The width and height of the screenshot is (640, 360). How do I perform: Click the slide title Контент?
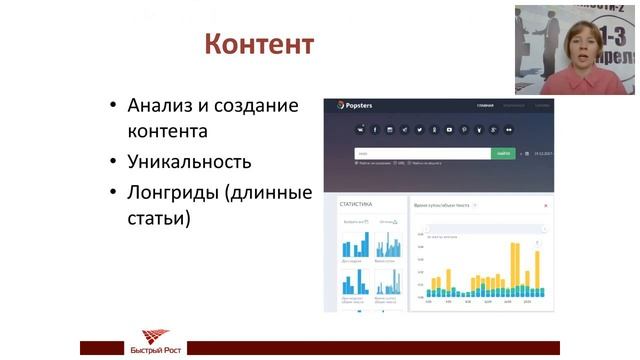(259, 45)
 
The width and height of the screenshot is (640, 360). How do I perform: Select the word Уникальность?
(189, 161)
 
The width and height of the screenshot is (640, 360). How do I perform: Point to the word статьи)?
(159, 216)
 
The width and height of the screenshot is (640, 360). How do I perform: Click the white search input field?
(421, 153)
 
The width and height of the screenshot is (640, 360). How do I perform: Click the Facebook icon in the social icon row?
(376, 130)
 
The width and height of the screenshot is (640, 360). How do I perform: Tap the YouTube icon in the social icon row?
(450, 130)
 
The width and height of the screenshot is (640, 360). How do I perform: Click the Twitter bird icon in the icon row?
(420, 130)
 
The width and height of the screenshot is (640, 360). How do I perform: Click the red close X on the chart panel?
(546, 205)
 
